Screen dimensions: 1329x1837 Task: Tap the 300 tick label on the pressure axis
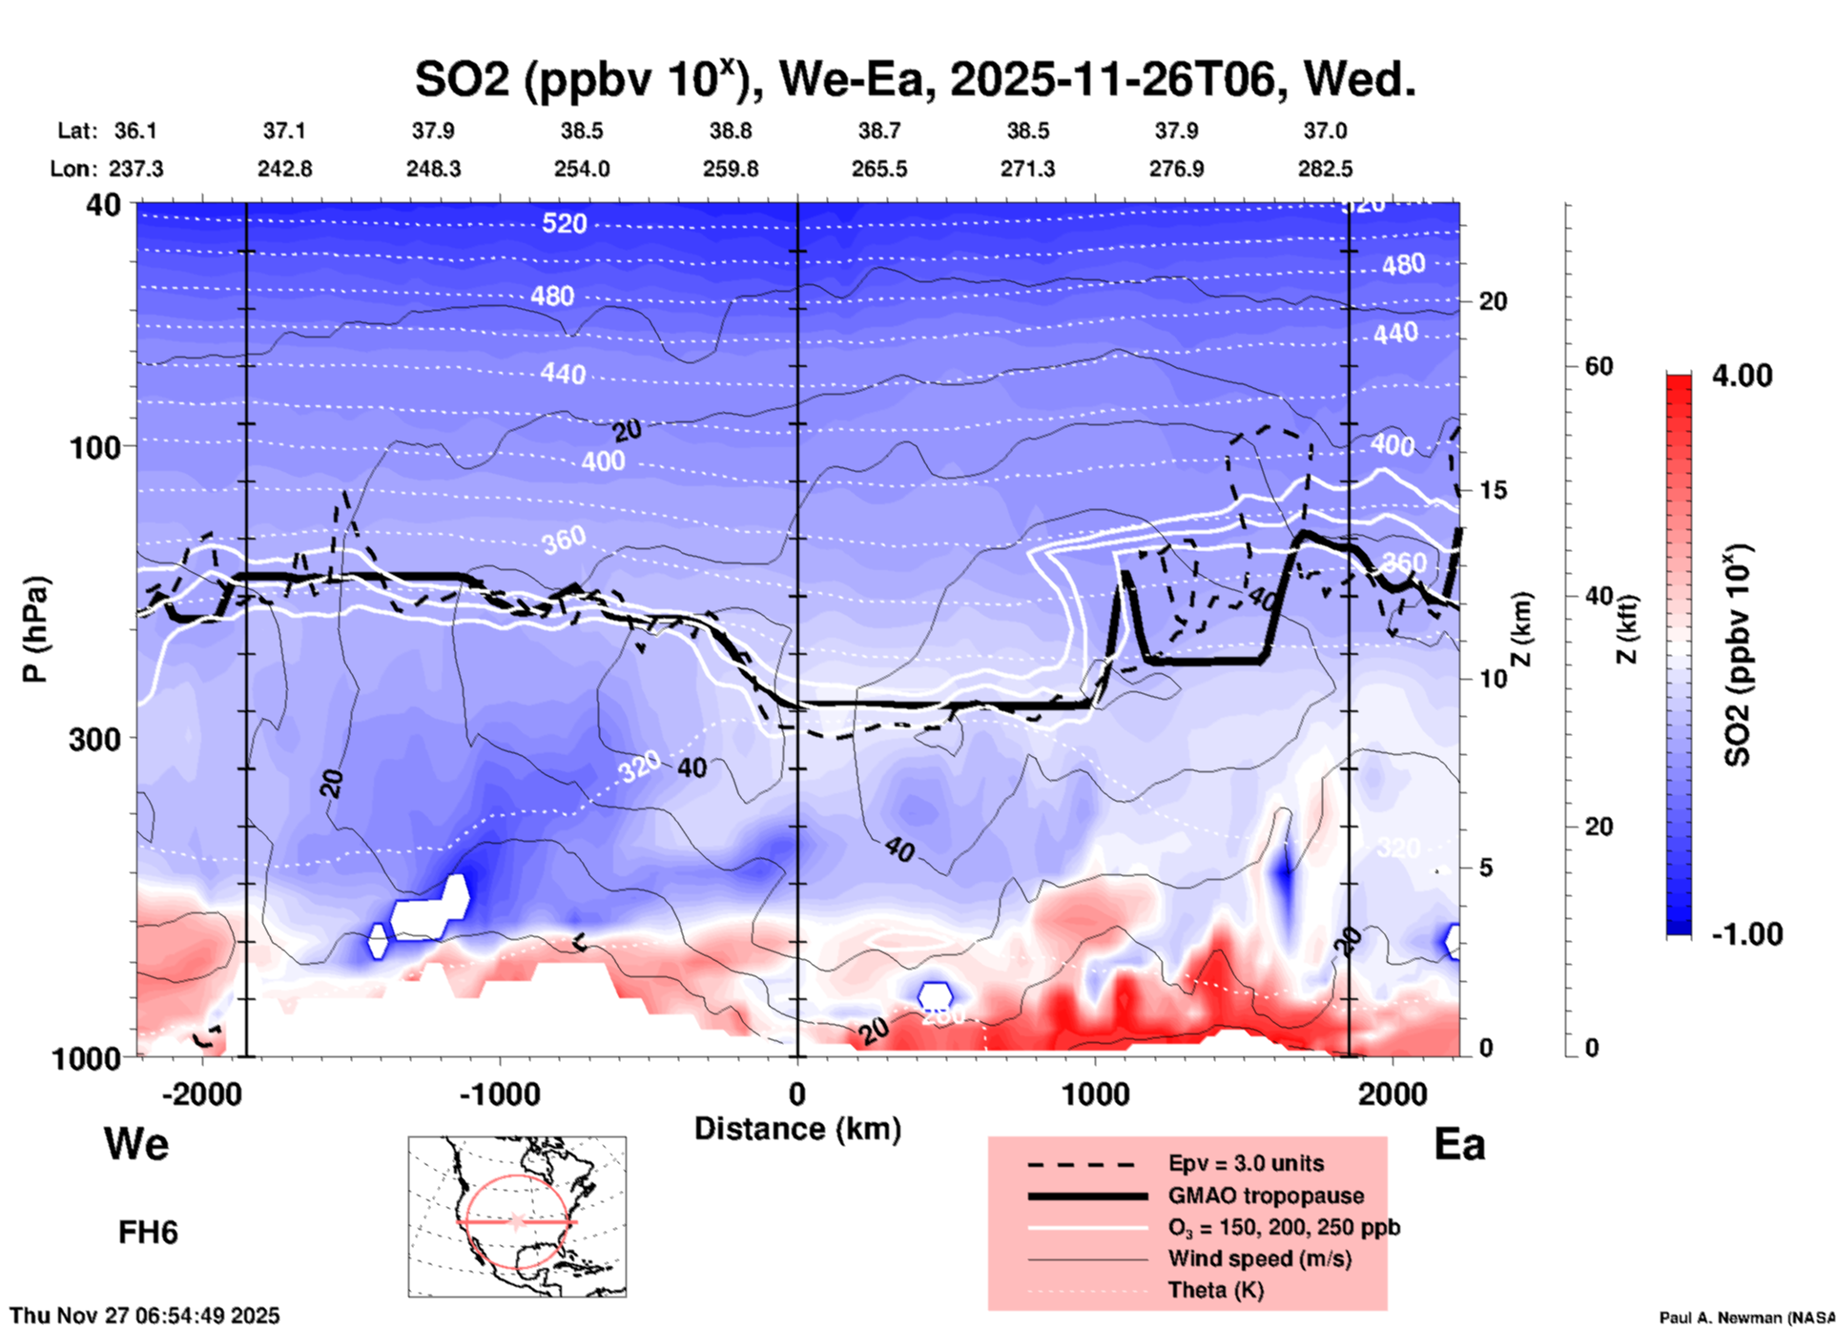(x=95, y=739)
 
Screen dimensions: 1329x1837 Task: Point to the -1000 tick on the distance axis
(x=500, y=1094)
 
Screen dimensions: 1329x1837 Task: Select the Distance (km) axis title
(x=797, y=1130)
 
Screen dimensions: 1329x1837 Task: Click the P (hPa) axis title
(x=35, y=629)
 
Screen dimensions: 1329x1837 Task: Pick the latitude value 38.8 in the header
(x=731, y=131)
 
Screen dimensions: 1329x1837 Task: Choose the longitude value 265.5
(x=879, y=169)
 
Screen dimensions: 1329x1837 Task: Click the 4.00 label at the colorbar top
(x=1742, y=376)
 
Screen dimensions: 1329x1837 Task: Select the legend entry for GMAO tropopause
(x=1266, y=1196)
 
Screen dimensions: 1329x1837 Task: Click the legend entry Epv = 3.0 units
(x=1246, y=1163)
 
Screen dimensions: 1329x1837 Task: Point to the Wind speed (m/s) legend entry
(x=1259, y=1258)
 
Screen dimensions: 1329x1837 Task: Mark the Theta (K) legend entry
(x=1215, y=1290)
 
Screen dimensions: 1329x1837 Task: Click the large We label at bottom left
(x=136, y=1144)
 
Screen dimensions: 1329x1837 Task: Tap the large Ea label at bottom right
(x=1459, y=1144)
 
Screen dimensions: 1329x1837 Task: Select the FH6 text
(x=148, y=1233)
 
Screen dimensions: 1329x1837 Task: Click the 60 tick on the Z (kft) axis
(x=1599, y=366)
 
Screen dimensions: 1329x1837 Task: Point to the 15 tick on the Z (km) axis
(x=1493, y=490)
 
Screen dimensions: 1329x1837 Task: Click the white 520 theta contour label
(x=564, y=224)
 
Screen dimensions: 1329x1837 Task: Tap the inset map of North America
(x=517, y=1216)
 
